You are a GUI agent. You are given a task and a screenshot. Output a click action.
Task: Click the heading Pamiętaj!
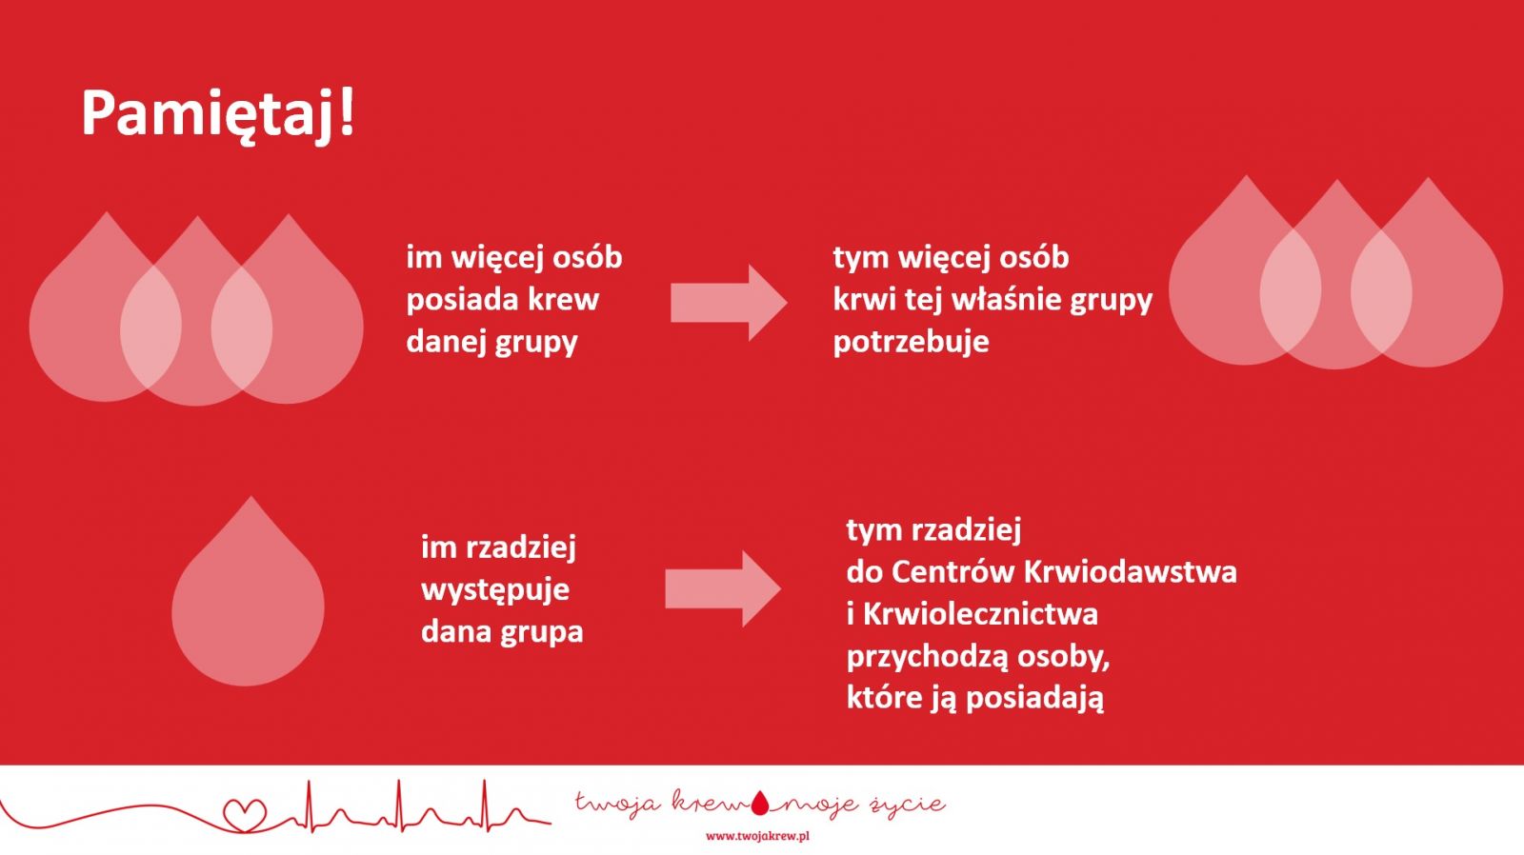tap(218, 115)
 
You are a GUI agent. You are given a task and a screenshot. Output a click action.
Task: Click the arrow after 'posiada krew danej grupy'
tap(729, 303)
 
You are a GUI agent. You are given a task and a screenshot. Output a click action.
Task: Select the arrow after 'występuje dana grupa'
tap(723, 589)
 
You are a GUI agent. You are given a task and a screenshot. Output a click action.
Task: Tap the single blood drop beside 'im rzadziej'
tap(248, 591)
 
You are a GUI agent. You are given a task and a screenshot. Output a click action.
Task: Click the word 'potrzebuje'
tap(911, 342)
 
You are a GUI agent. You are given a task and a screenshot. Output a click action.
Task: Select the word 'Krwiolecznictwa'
tap(980, 614)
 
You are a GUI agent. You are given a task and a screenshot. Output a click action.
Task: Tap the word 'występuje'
tap(495, 589)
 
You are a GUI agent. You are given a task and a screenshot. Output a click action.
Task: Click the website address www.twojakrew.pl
tap(757, 836)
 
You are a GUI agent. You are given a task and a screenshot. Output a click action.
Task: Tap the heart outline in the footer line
tap(246, 815)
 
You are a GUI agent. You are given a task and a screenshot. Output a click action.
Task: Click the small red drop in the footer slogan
tap(760, 804)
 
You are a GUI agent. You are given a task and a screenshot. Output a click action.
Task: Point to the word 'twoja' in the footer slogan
tap(618, 804)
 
